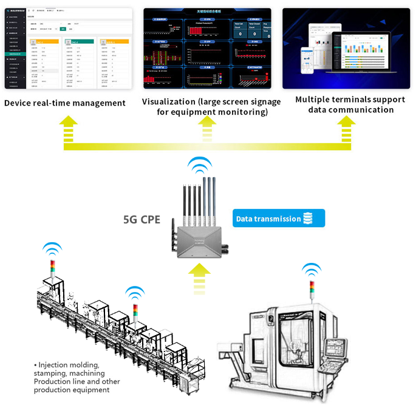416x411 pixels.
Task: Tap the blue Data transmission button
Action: click(268, 219)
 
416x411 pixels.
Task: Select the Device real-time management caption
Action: click(65, 103)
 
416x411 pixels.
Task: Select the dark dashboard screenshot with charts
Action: click(207, 49)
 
